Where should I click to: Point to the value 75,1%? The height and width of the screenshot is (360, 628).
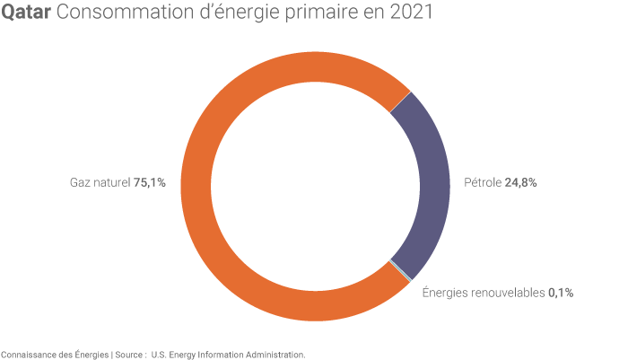[x=150, y=183]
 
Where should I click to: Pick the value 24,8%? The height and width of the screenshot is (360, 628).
[x=521, y=183]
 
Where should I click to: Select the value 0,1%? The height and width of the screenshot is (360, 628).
[x=561, y=293]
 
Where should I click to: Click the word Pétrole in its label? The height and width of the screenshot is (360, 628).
[x=483, y=183]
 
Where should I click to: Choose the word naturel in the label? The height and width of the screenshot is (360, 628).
[x=111, y=183]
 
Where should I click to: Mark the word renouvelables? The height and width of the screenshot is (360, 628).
[x=506, y=293]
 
